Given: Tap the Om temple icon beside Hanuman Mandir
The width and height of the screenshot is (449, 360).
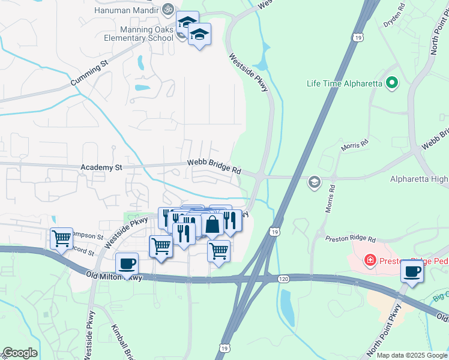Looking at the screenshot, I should (168, 9).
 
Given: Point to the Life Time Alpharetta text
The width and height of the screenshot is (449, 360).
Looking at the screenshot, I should (344, 83).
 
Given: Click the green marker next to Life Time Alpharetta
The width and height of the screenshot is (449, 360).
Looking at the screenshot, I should (392, 83).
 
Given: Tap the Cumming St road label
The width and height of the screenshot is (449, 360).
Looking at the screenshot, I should (88, 72).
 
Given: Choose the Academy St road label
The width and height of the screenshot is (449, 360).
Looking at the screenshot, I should (101, 168).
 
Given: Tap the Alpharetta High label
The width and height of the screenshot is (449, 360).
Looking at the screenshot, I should (418, 179).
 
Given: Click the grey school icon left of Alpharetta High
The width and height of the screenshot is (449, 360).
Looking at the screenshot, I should (314, 182).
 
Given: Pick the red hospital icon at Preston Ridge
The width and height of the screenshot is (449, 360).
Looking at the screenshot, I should (370, 261).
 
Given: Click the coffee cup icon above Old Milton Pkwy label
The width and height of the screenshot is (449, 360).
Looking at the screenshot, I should (127, 263).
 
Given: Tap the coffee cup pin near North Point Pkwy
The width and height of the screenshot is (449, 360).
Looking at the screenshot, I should (412, 271).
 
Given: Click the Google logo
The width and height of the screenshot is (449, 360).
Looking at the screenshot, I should (20, 353).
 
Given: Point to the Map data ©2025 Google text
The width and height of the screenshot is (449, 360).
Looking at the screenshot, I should (411, 355).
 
